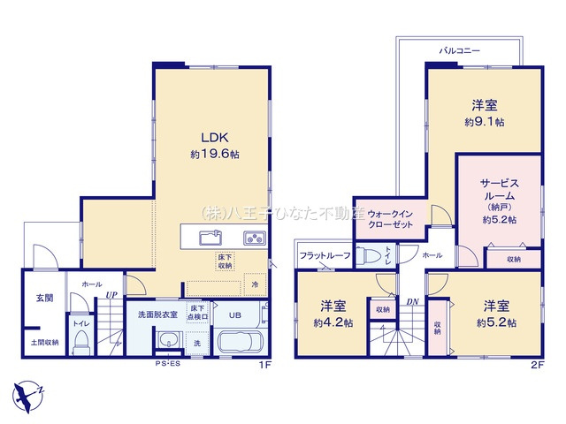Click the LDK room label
click(x=214, y=137)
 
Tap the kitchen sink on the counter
click(x=210, y=237)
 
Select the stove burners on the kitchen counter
click(x=253, y=237)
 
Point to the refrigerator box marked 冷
click(x=255, y=284)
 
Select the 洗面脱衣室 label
click(x=157, y=314)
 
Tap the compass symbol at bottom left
click(x=27, y=391)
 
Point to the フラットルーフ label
click(x=325, y=255)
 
